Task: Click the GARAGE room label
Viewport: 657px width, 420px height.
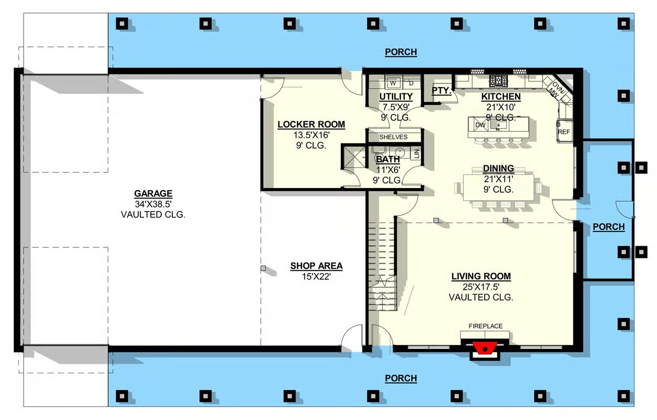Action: point(153,194)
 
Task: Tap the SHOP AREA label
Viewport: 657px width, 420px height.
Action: point(317,266)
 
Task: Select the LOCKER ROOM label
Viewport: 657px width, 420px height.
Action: point(311,124)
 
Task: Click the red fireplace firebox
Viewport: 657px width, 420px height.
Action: point(485,349)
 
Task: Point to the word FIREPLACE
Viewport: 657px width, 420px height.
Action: point(485,326)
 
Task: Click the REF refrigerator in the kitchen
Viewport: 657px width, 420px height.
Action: point(564,132)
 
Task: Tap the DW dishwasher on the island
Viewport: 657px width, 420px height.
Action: point(480,125)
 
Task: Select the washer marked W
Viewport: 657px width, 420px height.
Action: point(393,83)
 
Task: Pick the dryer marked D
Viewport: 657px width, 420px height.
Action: point(411,83)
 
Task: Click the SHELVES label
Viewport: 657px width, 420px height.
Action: point(393,137)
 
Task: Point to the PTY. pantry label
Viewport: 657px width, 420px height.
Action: point(442,90)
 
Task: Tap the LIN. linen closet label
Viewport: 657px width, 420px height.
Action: point(417,153)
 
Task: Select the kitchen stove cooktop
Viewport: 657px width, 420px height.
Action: point(498,81)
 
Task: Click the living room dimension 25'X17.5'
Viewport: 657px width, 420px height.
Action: point(481,287)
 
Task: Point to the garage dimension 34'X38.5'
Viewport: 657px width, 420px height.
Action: point(153,204)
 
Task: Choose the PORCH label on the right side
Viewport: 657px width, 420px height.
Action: point(609,227)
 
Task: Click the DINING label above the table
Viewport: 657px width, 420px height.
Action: point(498,169)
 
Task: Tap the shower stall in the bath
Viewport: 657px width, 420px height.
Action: point(354,157)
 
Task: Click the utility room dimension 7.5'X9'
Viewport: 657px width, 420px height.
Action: point(396,107)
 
